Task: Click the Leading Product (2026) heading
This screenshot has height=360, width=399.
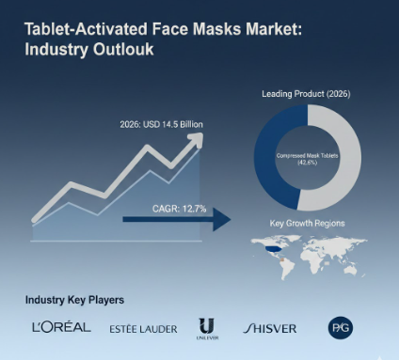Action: (308, 94)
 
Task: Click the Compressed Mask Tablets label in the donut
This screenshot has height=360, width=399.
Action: (307, 153)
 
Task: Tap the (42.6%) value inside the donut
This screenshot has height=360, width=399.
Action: (307, 163)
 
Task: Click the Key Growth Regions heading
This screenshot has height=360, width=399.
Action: (308, 224)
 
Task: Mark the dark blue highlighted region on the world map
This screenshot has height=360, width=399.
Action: (272, 250)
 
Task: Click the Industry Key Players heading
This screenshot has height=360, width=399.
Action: (74, 300)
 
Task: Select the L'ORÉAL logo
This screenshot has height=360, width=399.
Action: (60, 327)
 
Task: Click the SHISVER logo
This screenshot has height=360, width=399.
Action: (269, 328)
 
